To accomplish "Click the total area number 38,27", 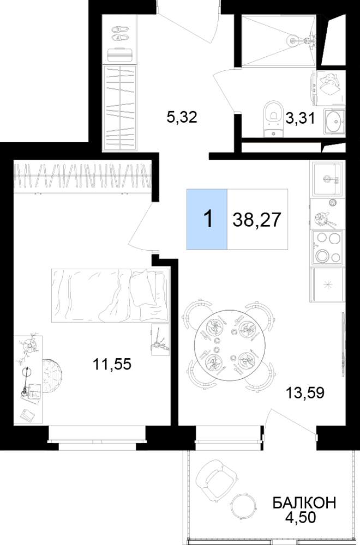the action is (257, 220).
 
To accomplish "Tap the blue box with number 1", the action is (207, 219).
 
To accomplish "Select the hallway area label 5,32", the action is (182, 118).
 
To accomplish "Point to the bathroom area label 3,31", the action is (301, 118).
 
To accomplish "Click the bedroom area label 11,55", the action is (112, 364).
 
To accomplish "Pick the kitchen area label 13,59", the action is (305, 392).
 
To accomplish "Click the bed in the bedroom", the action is (110, 295).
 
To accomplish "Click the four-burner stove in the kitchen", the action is (327, 247).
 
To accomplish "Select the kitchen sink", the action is (327, 179).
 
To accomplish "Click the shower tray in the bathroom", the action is (279, 40).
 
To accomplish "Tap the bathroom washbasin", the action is (334, 122).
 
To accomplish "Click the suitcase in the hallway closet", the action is (121, 55).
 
